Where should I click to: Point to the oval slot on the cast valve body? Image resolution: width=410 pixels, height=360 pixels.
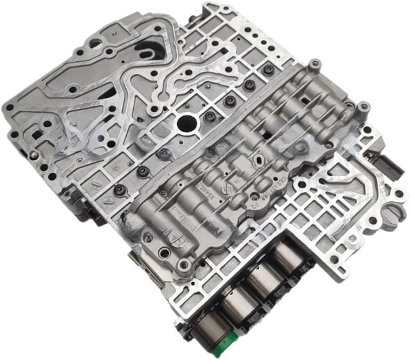tap(259, 159)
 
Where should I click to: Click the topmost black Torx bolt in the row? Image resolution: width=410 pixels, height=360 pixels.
tap(265, 70)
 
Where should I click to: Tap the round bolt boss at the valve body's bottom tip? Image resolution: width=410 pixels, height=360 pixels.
tap(184, 263)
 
